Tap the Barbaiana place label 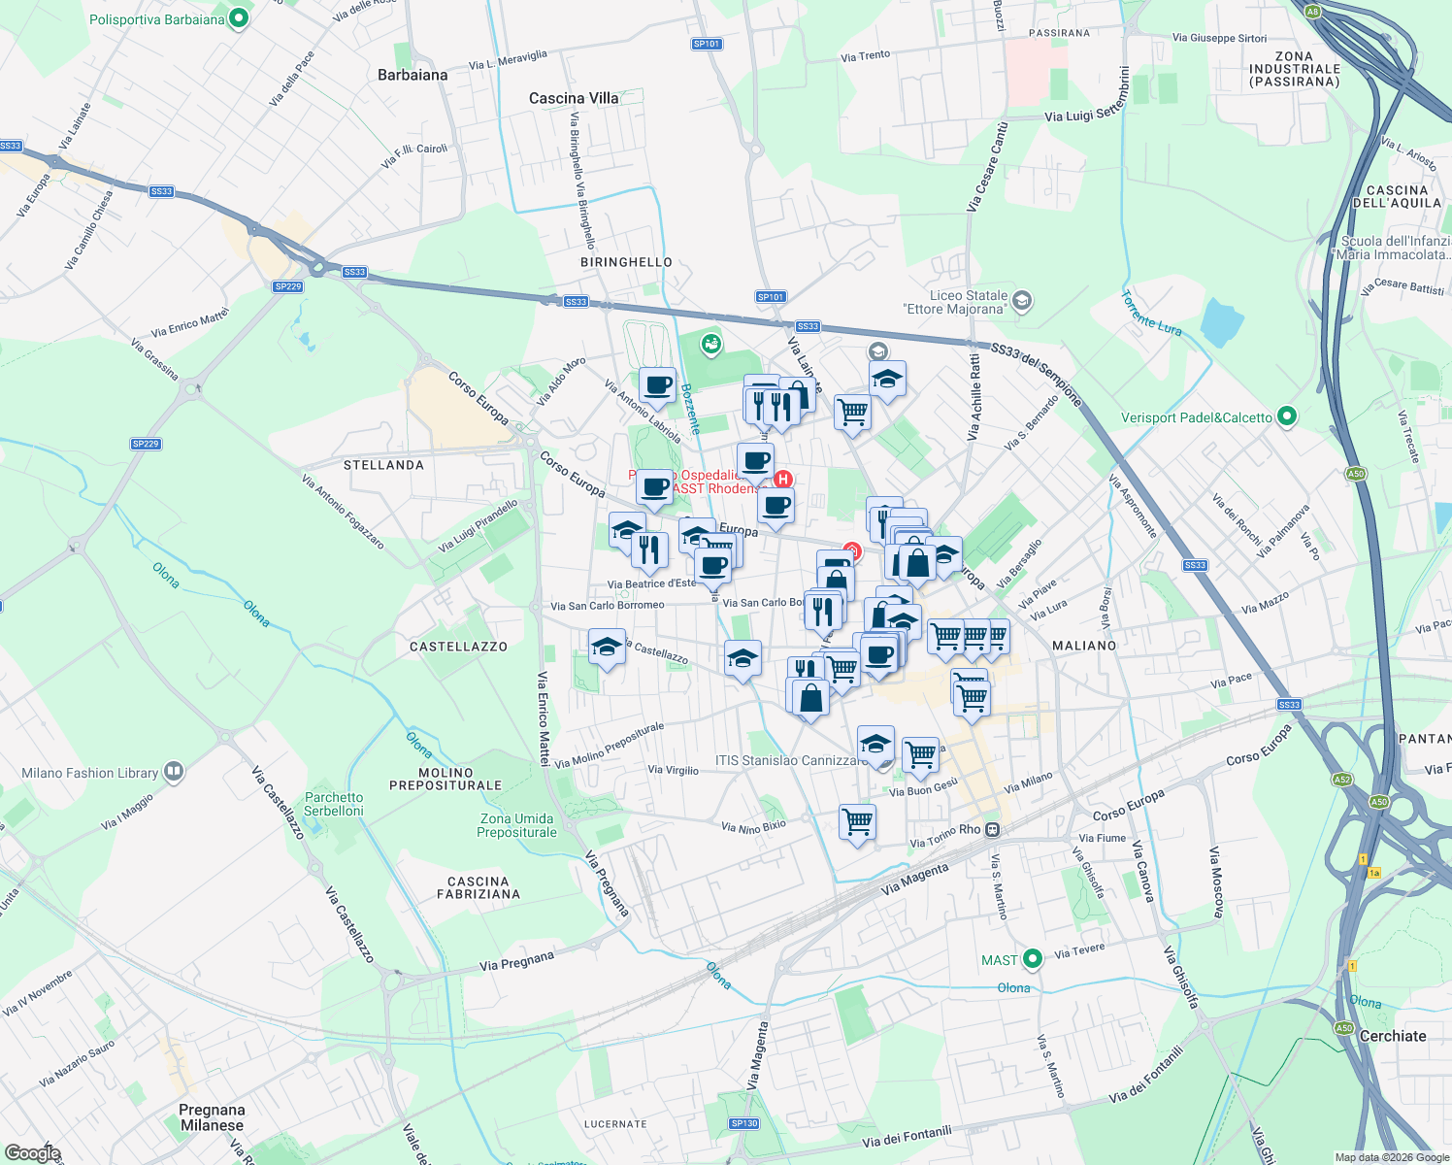pyautogui.click(x=412, y=75)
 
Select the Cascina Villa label pyautogui.click(x=574, y=98)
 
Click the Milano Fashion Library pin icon pyautogui.click(x=174, y=772)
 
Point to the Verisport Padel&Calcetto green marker pyautogui.click(x=1287, y=416)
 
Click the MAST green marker pyautogui.click(x=1033, y=959)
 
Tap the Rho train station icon pyautogui.click(x=992, y=829)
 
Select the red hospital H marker pyautogui.click(x=783, y=479)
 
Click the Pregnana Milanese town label pyautogui.click(x=212, y=1117)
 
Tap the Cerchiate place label pyautogui.click(x=1393, y=1036)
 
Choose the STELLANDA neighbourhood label pyautogui.click(x=383, y=465)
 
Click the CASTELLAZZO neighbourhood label pyautogui.click(x=458, y=647)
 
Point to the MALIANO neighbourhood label pyautogui.click(x=1084, y=646)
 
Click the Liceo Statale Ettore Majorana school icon pyautogui.click(x=1021, y=301)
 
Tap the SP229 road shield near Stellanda pyautogui.click(x=146, y=444)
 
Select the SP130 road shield pyautogui.click(x=744, y=1123)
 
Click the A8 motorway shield pyautogui.click(x=1313, y=12)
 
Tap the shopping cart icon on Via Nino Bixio pyautogui.click(x=858, y=821)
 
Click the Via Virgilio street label pyautogui.click(x=674, y=770)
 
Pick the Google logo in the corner pyautogui.click(x=32, y=1152)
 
